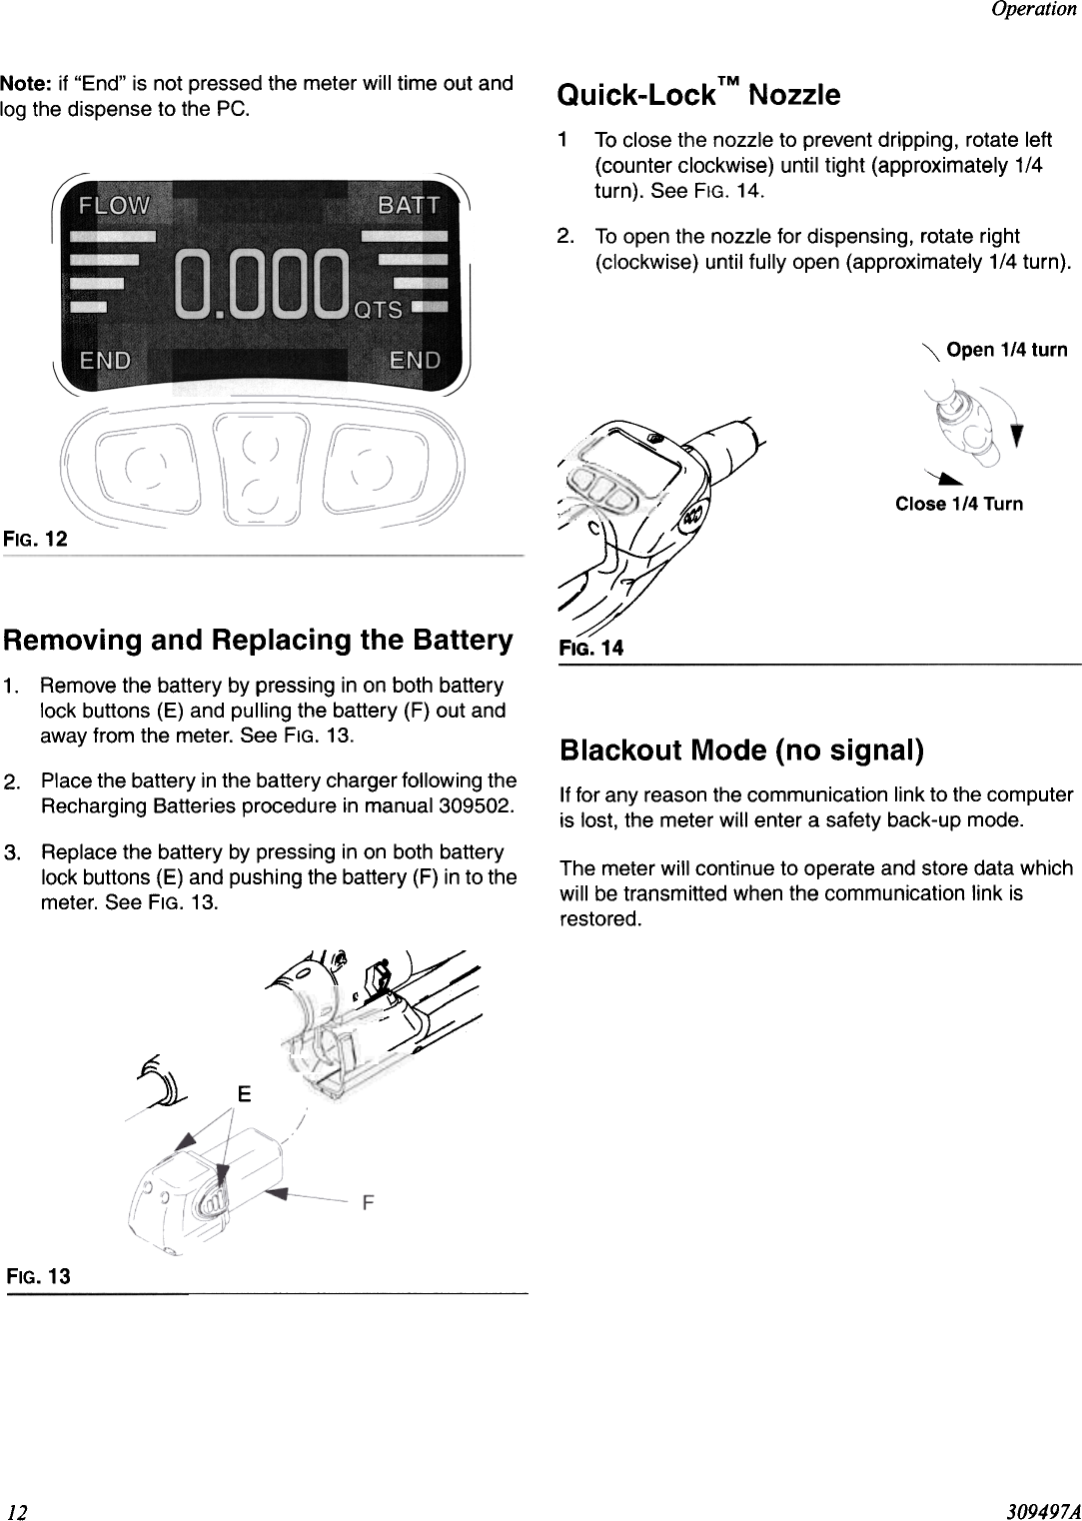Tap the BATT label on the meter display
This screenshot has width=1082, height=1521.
click(x=409, y=206)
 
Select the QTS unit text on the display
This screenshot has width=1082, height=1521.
click(x=379, y=310)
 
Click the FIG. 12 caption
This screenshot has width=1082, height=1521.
click(x=35, y=540)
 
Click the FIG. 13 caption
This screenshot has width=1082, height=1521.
click(x=38, y=1276)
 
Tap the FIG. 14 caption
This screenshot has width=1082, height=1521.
click(x=591, y=648)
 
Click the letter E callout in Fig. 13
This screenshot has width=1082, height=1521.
click(x=243, y=1093)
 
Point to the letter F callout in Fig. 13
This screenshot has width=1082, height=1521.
click(x=368, y=1203)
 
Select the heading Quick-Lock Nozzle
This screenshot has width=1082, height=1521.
click(x=698, y=96)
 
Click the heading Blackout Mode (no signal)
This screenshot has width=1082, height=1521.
click(x=741, y=750)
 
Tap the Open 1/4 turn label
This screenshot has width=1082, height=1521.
click(x=1006, y=350)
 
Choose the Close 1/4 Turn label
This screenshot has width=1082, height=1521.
click(x=958, y=504)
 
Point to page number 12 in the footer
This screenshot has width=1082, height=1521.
click(x=15, y=1509)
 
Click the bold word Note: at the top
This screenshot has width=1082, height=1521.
click(x=26, y=83)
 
